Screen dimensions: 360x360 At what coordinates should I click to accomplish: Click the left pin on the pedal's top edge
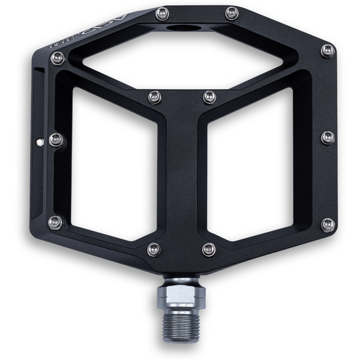[161, 13]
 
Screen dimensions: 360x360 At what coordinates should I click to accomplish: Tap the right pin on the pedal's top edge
[231, 13]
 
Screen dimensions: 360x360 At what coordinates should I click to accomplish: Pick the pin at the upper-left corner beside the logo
[57, 58]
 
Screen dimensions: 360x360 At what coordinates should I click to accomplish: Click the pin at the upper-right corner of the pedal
[328, 50]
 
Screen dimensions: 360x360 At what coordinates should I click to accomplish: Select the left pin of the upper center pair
[154, 97]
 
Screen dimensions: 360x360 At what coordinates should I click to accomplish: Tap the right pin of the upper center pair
[209, 97]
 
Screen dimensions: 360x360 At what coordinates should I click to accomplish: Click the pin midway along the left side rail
[56, 140]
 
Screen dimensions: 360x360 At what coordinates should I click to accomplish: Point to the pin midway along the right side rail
[328, 137]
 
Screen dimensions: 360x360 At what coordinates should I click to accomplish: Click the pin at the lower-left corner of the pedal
[55, 223]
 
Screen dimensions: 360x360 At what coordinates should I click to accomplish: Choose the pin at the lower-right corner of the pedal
[328, 224]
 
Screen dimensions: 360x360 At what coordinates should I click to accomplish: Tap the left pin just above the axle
[154, 249]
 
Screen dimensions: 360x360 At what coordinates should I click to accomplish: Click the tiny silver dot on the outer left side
[40, 142]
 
